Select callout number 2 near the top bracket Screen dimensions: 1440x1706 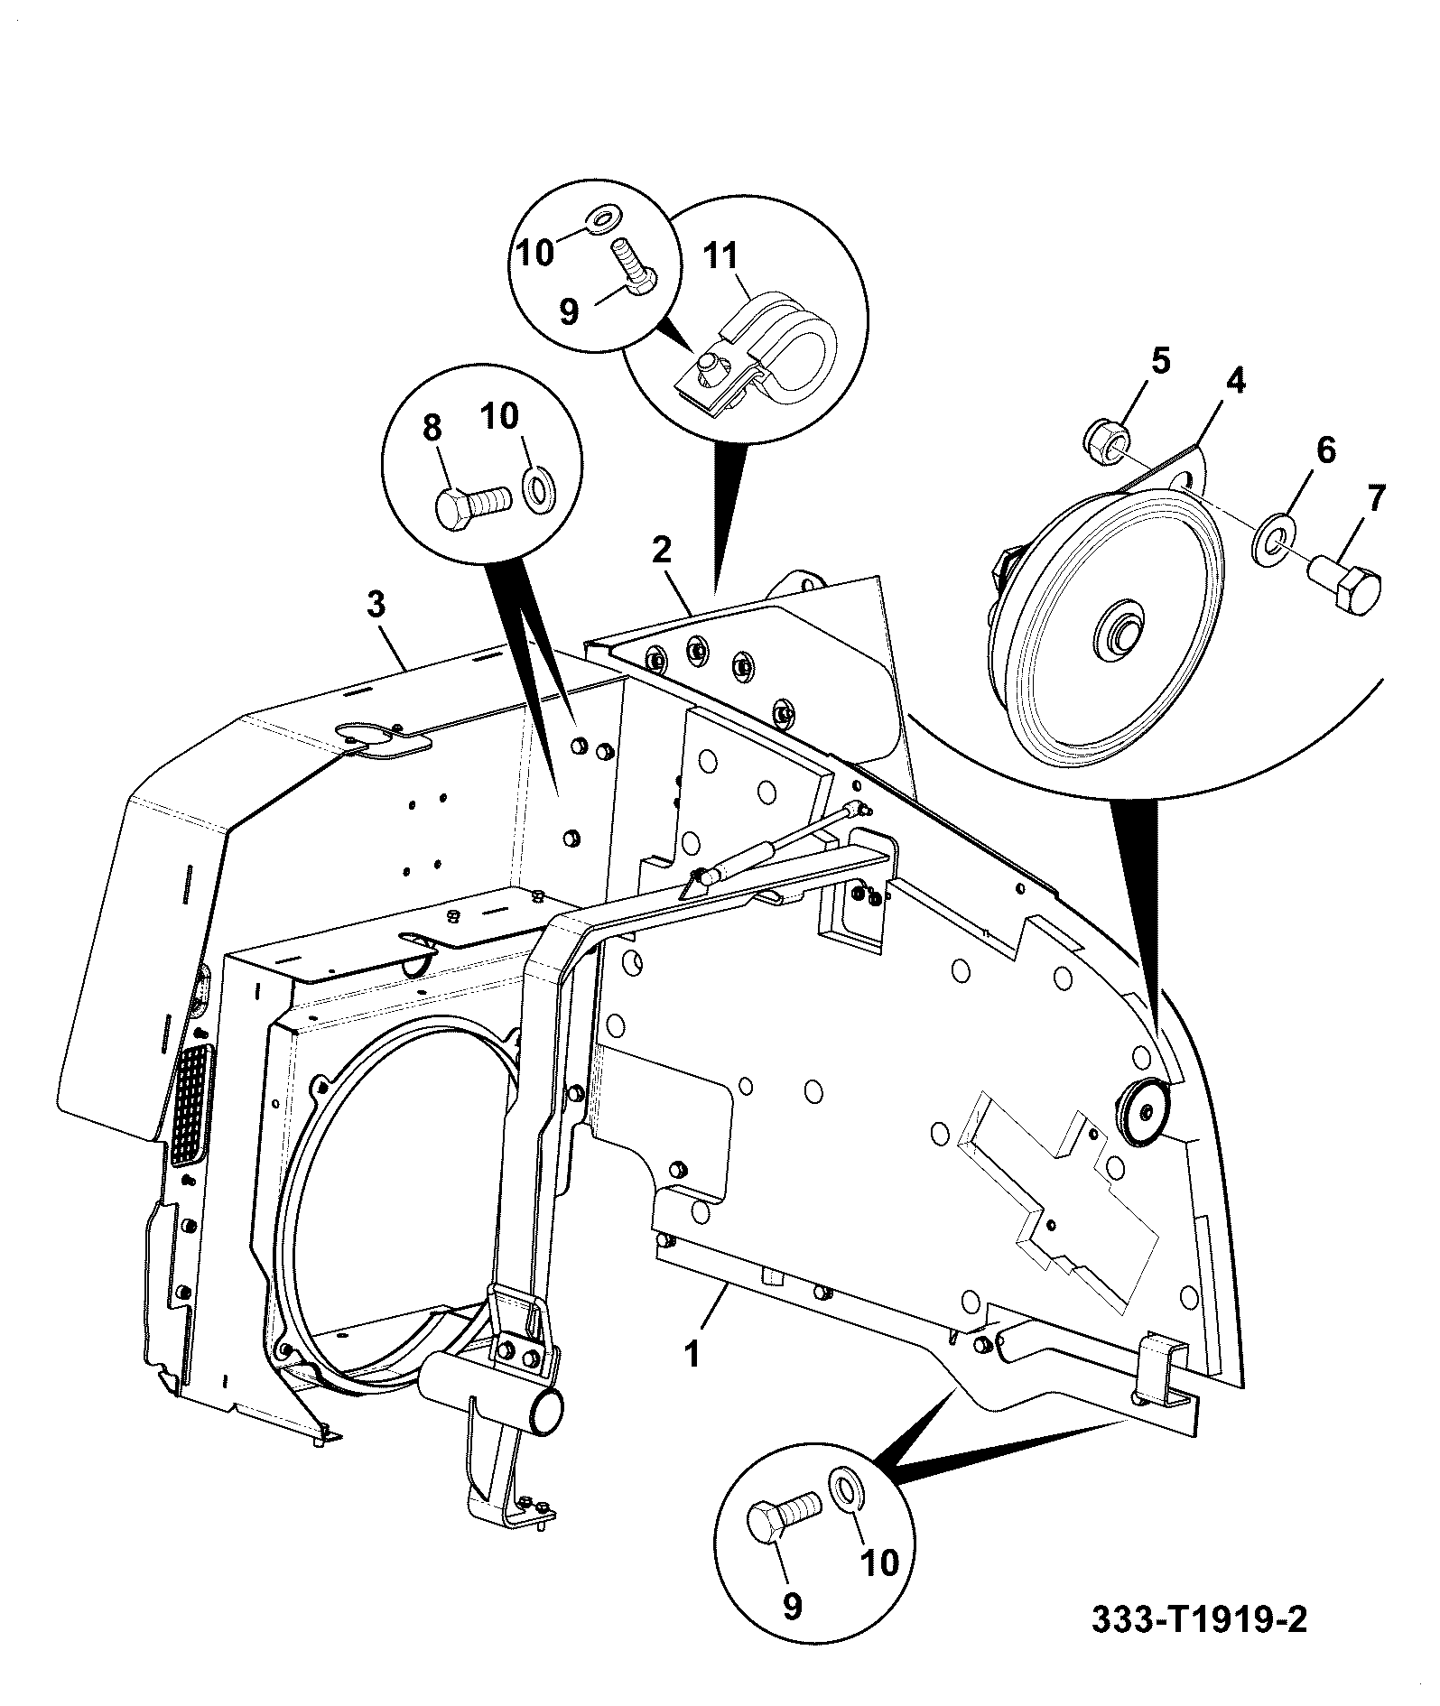tap(663, 550)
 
